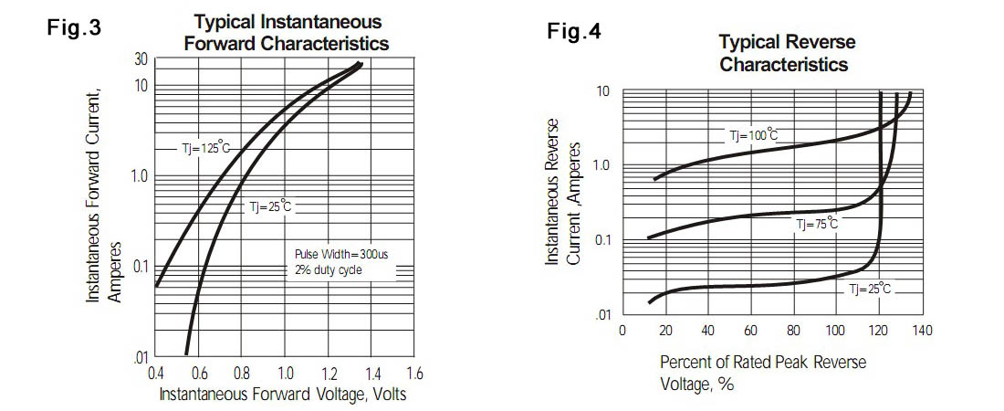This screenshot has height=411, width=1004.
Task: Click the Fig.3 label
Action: (74, 28)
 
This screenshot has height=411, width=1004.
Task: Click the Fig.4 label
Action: (574, 32)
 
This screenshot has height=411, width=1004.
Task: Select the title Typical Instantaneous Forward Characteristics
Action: (287, 33)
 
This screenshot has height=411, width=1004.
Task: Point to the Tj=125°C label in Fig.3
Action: (205, 148)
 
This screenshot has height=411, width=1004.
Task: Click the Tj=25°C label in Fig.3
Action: (270, 207)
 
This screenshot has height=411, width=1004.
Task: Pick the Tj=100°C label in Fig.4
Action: (754, 136)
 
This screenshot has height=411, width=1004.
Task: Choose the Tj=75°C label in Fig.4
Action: (817, 224)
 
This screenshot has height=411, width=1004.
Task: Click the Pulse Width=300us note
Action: (341, 254)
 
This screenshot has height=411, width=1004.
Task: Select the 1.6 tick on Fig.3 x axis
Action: (415, 374)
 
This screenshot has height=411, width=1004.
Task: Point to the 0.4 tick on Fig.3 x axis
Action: (156, 374)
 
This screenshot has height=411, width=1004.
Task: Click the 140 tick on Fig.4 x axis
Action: (922, 330)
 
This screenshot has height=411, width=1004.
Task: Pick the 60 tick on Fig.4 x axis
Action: (751, 330)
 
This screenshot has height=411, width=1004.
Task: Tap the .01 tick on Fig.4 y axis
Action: (603, 316)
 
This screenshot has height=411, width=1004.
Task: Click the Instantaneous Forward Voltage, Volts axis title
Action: (283, 395)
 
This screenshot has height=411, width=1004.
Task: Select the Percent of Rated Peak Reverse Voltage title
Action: (763, 373)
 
